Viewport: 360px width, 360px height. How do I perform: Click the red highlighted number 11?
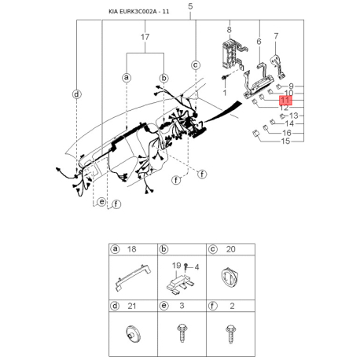(285, 100)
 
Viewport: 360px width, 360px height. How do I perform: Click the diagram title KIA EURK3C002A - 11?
(139, 12)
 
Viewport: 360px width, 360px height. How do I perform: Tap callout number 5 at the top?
(190, 6)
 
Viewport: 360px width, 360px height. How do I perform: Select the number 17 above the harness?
(145, 37)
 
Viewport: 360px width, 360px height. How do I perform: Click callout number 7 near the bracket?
(276, 36)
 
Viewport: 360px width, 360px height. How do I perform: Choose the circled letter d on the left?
(76, 94)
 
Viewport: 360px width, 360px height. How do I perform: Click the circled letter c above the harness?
(196, 65)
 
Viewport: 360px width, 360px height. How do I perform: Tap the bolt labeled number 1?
(225, 78)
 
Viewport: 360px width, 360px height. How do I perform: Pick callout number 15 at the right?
(285, 141)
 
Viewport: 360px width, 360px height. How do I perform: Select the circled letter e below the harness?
(101, 202)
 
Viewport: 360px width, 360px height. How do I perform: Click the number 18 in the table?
(132, 249)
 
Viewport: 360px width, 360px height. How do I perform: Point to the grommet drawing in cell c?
(230, 278)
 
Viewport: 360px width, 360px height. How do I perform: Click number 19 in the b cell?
(176, 266)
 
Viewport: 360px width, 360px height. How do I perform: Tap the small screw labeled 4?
(186, 266)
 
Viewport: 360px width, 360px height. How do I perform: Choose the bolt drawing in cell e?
(182, 332)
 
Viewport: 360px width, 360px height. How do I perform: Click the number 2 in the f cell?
(232, 306)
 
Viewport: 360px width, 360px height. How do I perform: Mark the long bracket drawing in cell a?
(134, 277)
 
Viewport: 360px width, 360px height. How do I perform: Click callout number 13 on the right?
(294, 116)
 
